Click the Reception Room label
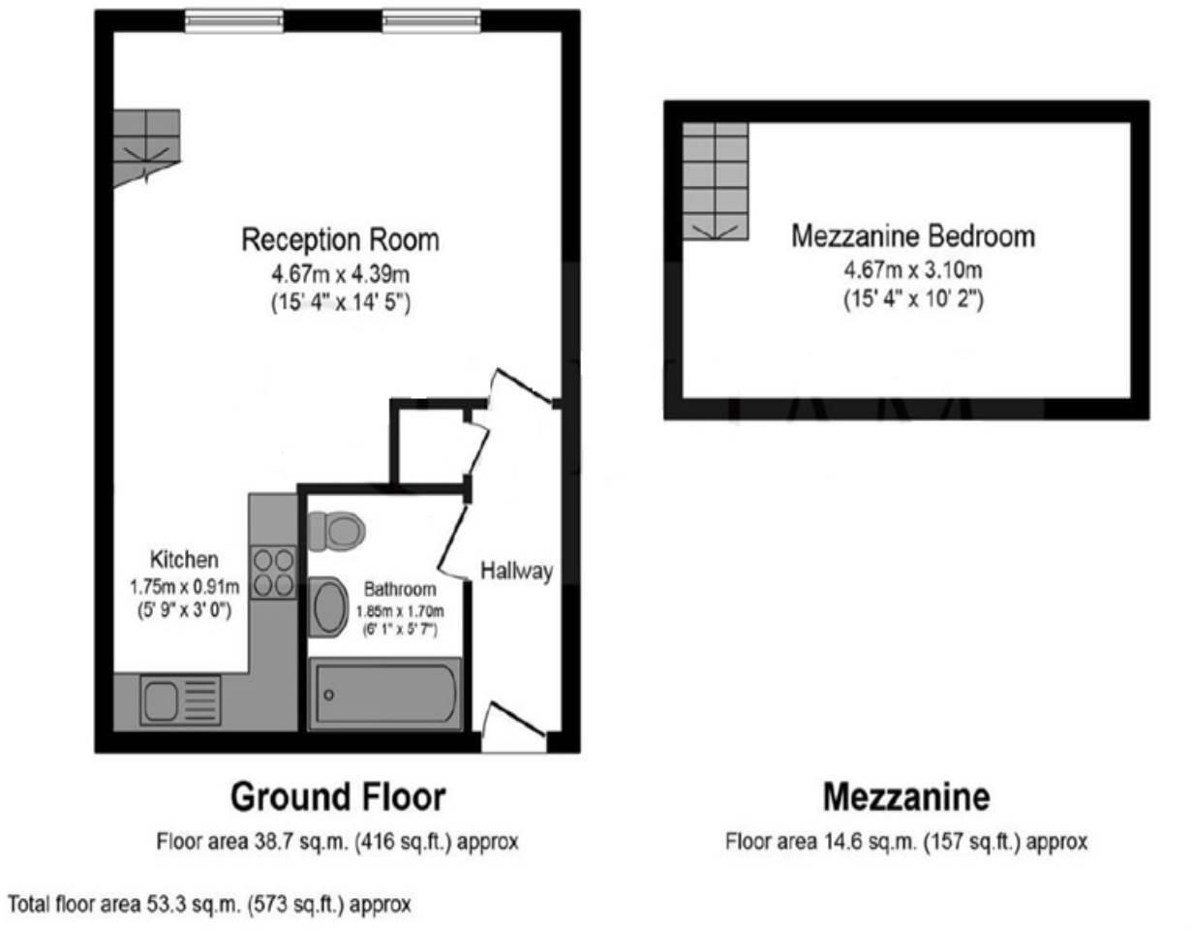[340, 238]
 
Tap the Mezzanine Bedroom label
[912, 235]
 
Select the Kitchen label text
[184, 559]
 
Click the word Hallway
[517, 571]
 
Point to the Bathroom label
[400, 589]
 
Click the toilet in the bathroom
[334, 529]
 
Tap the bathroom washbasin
[327, 607]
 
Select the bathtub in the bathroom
[384, 694]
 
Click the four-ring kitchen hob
[273, 573]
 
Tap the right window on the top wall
[431, 20]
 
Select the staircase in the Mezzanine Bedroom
[716, 181]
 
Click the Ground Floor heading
[338, 797]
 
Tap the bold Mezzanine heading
[906, 797]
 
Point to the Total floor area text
[209, 905]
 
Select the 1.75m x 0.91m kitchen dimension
[184, 586]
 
